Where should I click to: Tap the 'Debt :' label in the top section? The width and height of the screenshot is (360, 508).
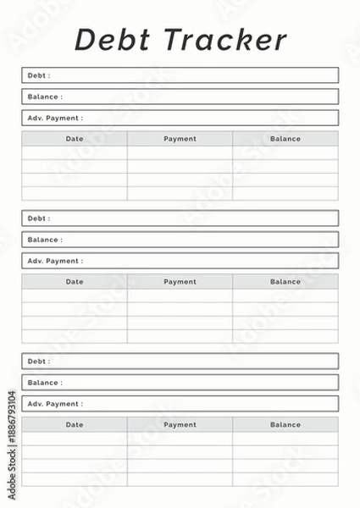[39, 75]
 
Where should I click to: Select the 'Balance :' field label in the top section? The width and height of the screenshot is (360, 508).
[45, 97]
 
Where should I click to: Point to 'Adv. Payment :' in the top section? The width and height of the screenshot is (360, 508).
[55, 118]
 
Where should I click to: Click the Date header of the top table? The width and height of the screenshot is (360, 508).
[75, 139]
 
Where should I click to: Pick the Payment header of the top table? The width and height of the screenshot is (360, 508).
[180, 139]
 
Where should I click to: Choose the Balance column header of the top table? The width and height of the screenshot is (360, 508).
[285, 139]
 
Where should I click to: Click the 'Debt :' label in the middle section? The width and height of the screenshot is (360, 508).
[39, 218]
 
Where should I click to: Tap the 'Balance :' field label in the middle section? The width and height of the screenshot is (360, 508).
[45, 240]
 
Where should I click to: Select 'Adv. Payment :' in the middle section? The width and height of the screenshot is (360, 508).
[55, 261]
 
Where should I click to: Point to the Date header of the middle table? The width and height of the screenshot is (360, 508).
[75, 282]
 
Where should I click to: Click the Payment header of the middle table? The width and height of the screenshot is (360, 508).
[180, 282]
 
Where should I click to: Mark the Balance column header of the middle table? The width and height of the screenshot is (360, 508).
[285, 282]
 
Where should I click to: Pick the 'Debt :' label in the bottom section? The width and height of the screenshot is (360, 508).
[39, 362]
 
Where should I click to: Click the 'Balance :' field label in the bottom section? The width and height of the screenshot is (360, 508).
[45, 383]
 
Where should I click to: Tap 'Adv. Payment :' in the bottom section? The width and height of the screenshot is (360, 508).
[55, 404]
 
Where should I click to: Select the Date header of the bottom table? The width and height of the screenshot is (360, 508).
[75, 425]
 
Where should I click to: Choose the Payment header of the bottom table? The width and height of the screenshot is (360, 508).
[180, 425]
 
